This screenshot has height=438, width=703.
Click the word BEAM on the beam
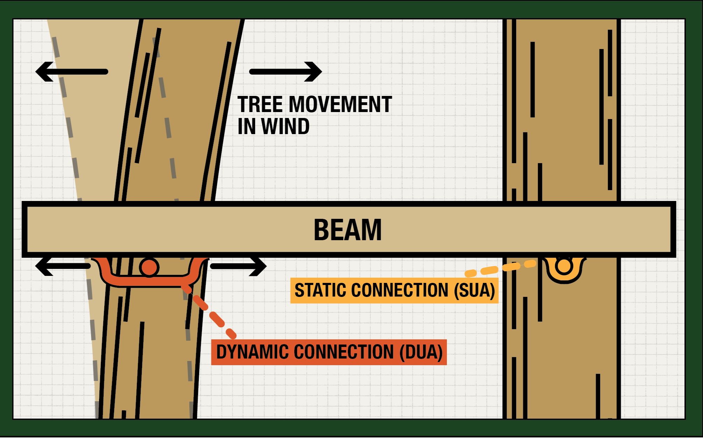click(x=347, y=230)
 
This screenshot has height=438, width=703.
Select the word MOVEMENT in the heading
click(x=340, y=104)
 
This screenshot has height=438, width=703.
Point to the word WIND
click(x=285, y=126)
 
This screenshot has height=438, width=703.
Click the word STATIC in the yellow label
click(x=321, y=290)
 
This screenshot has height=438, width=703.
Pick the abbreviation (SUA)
click(x=474, y=290)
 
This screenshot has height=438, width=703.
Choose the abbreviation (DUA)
click(x=421, y=352)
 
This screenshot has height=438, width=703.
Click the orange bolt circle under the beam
click(x=149, y=267)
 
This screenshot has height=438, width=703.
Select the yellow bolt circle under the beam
click(x=564, y=266)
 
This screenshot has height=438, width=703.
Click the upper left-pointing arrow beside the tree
click(x=72, y=72)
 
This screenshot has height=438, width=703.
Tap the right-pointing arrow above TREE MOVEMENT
click(x=285, y=72)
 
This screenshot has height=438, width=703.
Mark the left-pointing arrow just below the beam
click(x=63, y=266)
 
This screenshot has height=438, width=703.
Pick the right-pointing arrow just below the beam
click(x=238, y=266)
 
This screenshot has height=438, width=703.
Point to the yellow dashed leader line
click(x=500, y=268)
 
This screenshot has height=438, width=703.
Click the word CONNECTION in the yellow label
click(x=399, y=290)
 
